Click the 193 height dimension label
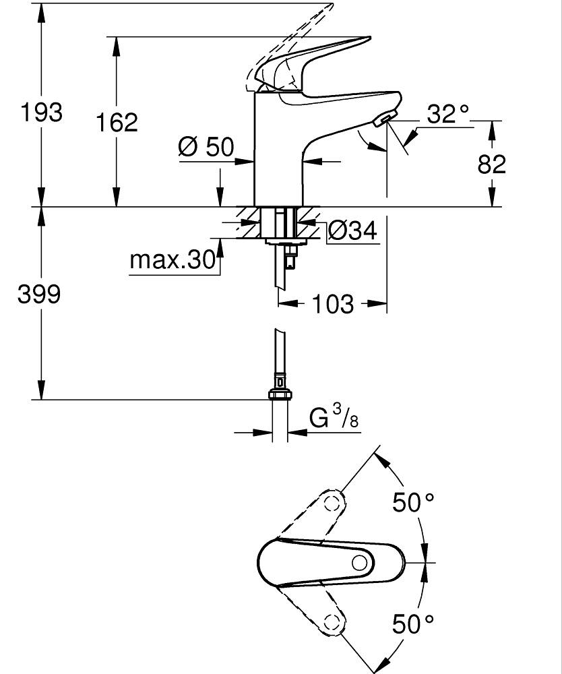(40, 112)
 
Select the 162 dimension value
(116, 123)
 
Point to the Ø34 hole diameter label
(352, 231)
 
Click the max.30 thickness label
(172, 259)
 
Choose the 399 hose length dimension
(39, 294)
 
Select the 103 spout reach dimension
(333, 304)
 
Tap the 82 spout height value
(492, 164)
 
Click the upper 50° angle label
(414, 502)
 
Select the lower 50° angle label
(414, 623)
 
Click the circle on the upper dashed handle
(332, 503)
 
